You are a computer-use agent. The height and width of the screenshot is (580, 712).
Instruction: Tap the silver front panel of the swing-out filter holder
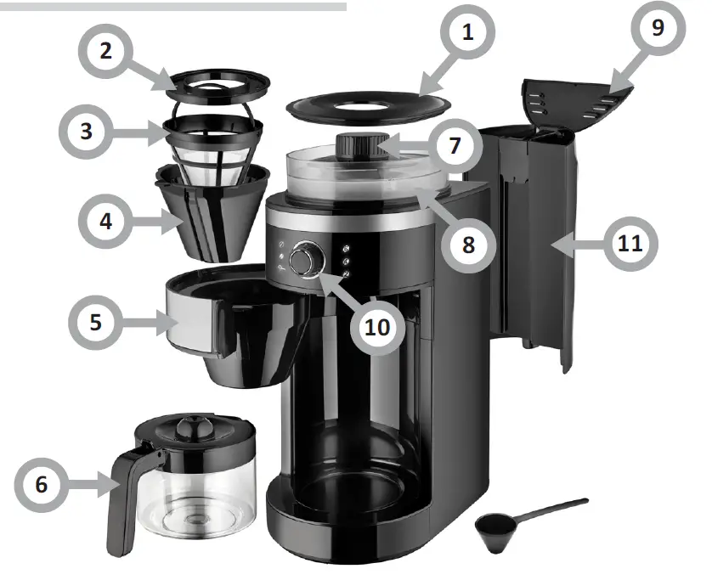pos(189,318)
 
